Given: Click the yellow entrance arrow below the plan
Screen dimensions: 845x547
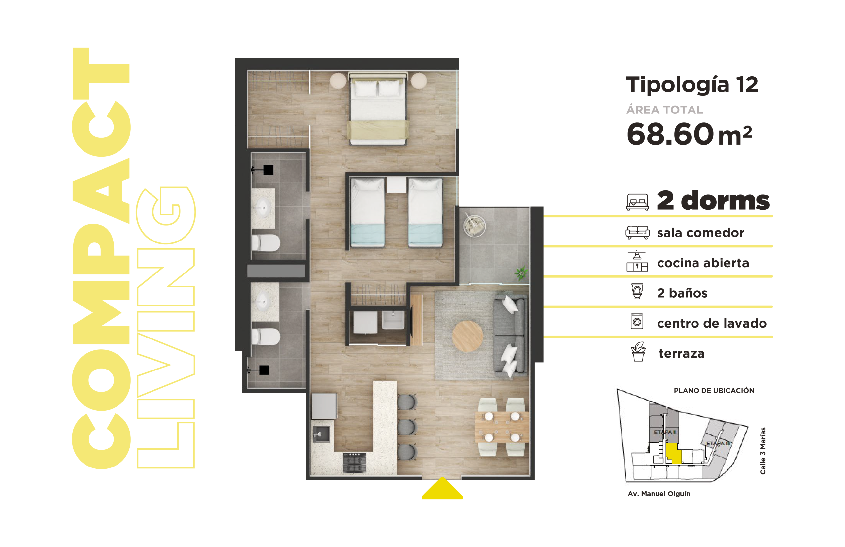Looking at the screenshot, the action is (x=442, y=489).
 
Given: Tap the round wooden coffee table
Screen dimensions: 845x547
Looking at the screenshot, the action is (x=467, y=337).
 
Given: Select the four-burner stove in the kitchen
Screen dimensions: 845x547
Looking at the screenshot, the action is (x=354, y=463).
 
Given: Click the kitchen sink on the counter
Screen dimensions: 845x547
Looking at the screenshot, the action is (x=321, y=434).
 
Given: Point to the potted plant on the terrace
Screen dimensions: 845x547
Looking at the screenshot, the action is (x=521, y=273).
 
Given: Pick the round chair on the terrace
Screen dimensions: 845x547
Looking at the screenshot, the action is (x=474, y=225).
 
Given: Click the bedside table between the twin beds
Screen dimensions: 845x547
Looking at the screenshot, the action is (x=396, y=185).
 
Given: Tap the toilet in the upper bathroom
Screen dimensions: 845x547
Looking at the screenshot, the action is (x=266, y=243).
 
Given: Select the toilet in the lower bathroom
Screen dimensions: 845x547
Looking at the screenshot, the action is (x=266, y=337).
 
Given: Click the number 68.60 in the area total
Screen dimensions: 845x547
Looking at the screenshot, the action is (x=670, y=134).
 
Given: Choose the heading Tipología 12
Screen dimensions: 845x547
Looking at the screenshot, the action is (x=692, y=85).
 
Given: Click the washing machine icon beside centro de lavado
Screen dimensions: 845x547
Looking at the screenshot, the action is (x=637, y=321).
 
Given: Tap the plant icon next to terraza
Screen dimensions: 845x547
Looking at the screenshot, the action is (x=638, y=352).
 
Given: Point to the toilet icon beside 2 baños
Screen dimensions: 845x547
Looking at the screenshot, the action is (x=637, y=291).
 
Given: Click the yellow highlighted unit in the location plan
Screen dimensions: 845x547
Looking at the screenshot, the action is (x=673, y=454).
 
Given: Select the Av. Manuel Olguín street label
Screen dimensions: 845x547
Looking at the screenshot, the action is (x=659, y=494).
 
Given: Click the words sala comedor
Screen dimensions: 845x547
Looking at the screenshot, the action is (x=700, y=233).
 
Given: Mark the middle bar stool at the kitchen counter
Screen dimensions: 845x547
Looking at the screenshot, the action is (x=407, y=427).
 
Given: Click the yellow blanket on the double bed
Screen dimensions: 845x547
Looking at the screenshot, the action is (x=378, y=130).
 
